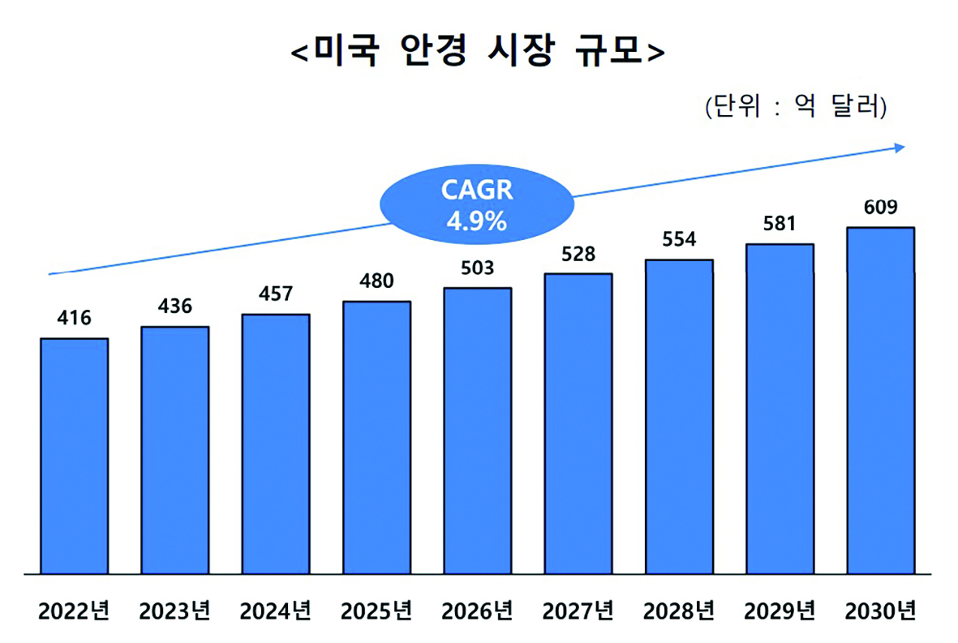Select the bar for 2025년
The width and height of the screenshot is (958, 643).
click(x=376, y=438)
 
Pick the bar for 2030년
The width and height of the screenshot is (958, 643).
click(x=880, y=401)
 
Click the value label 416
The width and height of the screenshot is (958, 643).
click(x=74, y=317)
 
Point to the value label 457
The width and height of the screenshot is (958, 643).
click(x=275, y=294)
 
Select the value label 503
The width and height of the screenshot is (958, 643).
click(x=477, y=268)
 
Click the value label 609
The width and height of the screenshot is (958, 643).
click(x=880, y=208)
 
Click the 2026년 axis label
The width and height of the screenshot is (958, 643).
click(x=477, y=611)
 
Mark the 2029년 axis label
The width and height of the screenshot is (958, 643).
click(x=780, y=611)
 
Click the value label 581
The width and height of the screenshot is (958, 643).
click(x=780, y=223)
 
